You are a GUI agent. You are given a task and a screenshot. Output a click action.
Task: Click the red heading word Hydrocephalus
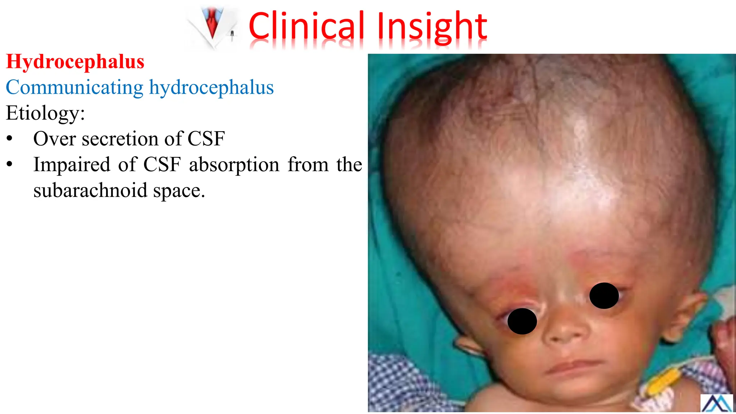tap(75, 61)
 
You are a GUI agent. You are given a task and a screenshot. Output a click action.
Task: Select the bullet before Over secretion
tap(10, 139)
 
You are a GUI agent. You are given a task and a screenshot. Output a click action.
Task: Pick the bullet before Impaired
tap(10, 165)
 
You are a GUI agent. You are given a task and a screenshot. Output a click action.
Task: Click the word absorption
tap(234, 165)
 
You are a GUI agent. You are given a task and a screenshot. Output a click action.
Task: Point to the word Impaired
tap(72, 165)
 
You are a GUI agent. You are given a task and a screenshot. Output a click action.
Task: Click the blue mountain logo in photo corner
tap(716, 403)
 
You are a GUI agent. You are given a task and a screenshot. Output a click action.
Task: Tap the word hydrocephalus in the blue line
tap(211, 87)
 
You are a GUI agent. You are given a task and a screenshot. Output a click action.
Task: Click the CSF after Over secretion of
tap(206, 139)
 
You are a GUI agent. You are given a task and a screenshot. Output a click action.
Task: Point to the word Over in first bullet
tap(54, 139)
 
